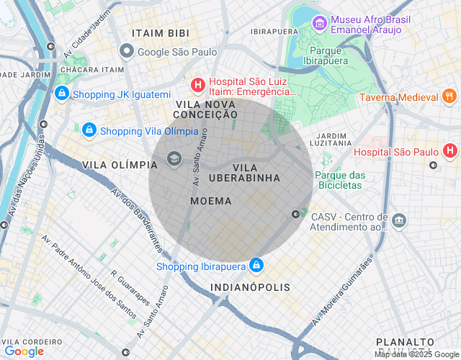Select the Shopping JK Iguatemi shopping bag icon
click(x=62, y=94)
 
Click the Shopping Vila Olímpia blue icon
click(x=89, y=130)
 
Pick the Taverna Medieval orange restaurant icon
click(x=449, y=96)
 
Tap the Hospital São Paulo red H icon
click(x=450, y=151)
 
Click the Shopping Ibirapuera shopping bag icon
click(x=256, y=266)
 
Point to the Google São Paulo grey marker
click(x=127, y=51)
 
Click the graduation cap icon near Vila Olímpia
click(x=174, y=158)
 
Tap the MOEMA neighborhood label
click(x=211, y=201)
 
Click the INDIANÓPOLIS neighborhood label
click(x=251, y=287)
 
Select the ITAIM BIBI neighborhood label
click(x=161, y=33)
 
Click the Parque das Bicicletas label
click(x=340, y=180)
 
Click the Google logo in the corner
click(x=24, y=351)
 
